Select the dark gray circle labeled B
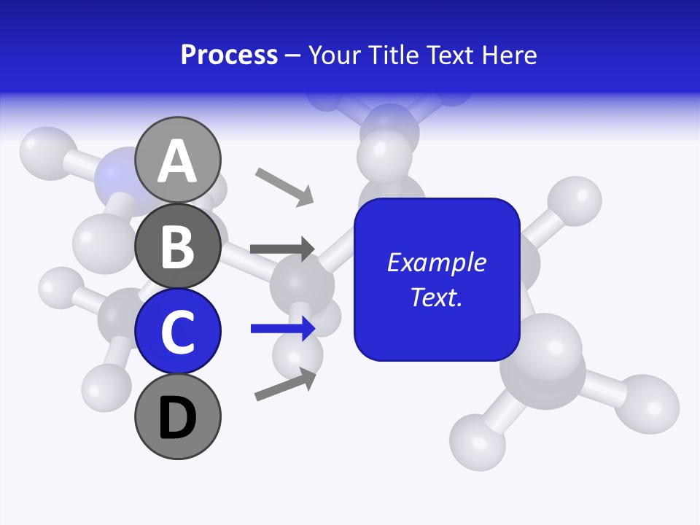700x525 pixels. point(178,245)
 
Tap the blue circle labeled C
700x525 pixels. point(178,331)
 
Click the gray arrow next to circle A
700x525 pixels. point(284,185)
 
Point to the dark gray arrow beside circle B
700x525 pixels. point(282,249)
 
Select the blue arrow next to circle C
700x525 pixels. point(282,329)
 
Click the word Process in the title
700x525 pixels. point(229,55)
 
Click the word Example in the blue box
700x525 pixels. point(436,262)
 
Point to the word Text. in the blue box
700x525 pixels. point(436,297)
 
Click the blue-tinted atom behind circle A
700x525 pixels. point(117,175)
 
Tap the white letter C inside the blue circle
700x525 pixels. point(178,332)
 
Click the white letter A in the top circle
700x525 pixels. point(178,160)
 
